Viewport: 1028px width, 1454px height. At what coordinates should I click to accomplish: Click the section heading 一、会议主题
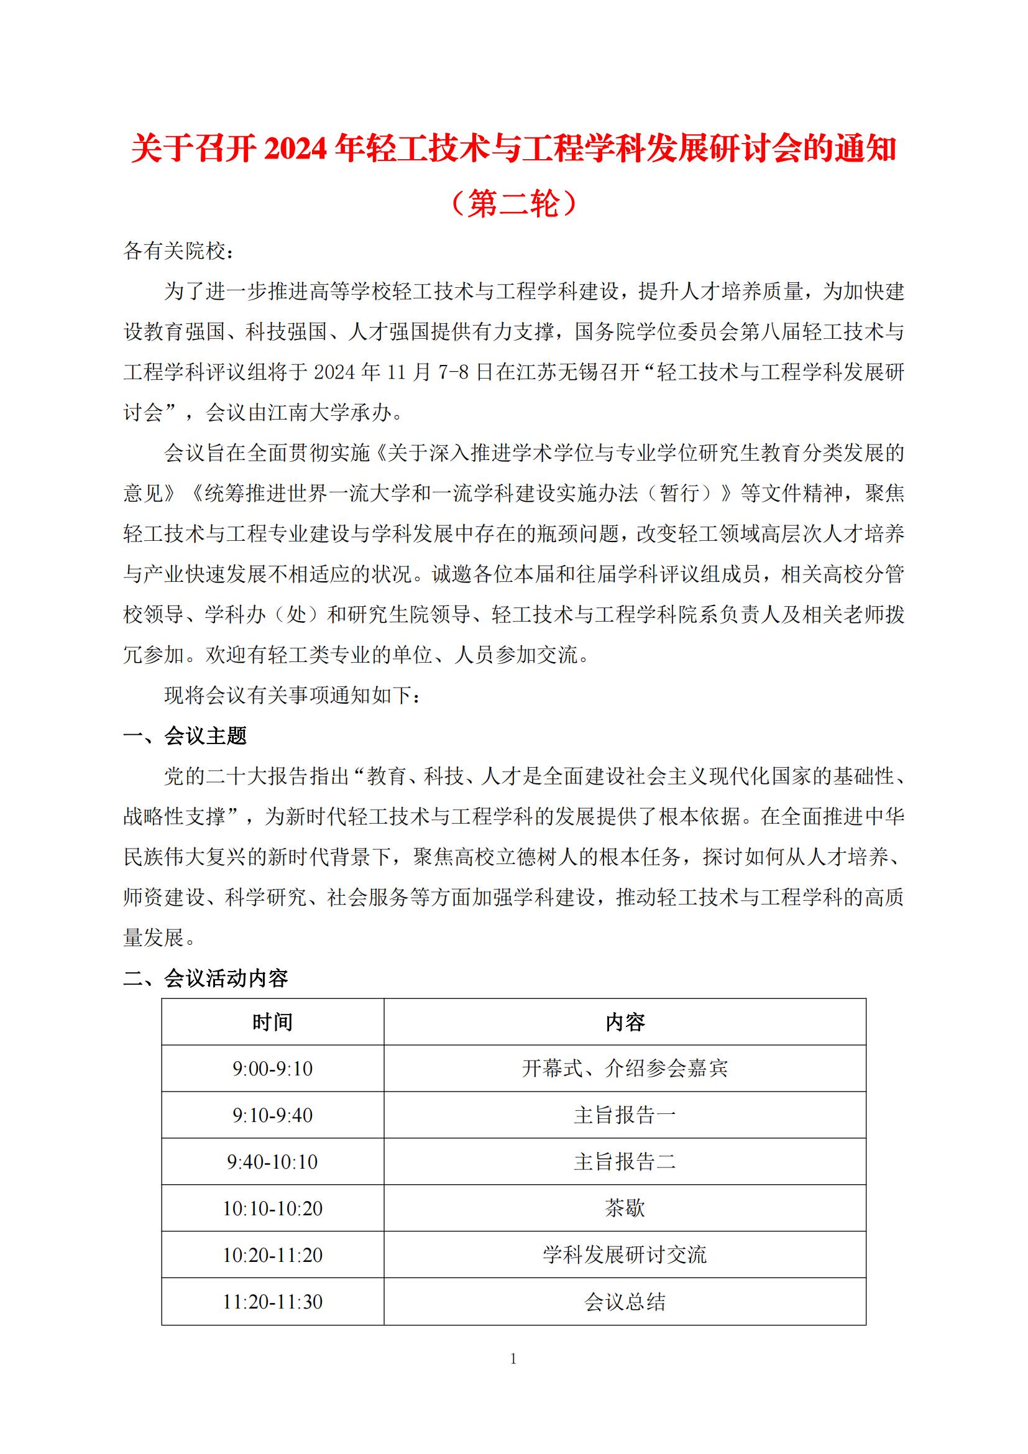(x=185, y=736)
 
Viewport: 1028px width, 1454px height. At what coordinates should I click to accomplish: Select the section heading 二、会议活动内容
(x=206, y=978)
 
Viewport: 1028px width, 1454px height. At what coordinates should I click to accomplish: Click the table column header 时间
(x=272, y=1022)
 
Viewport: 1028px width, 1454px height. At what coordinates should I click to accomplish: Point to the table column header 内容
(x=625, y=1022)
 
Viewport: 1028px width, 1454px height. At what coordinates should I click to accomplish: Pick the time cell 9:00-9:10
(x=272, y=1069)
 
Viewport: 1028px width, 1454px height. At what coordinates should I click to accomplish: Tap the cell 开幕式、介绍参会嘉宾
(x=625, y=1069)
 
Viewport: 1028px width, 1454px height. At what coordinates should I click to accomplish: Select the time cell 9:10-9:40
(x=272, y=1115)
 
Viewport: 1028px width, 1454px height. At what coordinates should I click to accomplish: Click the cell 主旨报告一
(x=625, y=1115)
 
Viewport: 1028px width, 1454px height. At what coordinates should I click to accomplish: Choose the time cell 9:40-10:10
(x=272, y=1162)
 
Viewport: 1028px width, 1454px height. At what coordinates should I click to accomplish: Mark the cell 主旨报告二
(x=625, y=1162)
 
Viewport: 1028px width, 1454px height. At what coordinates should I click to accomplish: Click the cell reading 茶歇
(x=625, y=1208)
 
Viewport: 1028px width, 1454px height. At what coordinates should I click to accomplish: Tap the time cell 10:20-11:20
(x=272, y=1255)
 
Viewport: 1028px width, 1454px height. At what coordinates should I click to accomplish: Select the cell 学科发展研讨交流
(x=625, y=1255)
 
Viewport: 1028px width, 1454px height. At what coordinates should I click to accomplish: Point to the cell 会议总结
(x=625, y=1302)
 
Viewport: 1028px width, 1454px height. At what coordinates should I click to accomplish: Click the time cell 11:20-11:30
(x=272, y=1302)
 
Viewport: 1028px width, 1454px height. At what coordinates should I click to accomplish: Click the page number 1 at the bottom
(x=513, y=1358)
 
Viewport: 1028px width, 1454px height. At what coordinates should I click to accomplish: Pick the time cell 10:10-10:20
(x=272, y=1208)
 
